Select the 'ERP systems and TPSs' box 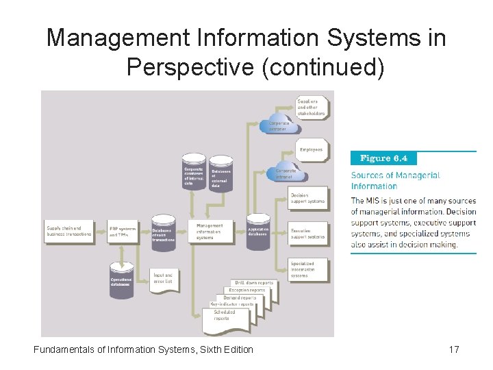tap(123, 232)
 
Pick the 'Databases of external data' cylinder tap(221, 174)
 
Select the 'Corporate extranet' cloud tap(279, 125)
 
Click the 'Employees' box tap(312, 149)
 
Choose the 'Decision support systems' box tap(308, 198)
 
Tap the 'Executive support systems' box tap(308, 234)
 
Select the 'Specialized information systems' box tap(308, 269)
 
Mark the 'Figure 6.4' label tap(383, 158)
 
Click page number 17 tap(453, 350)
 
